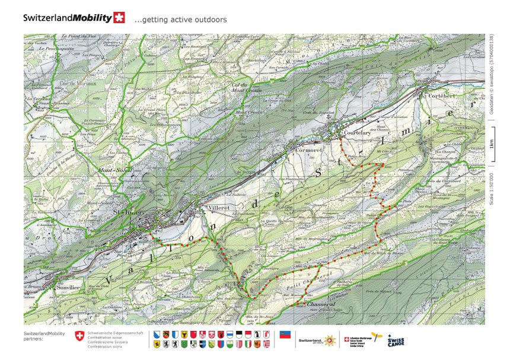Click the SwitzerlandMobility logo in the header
[x=74, y=18]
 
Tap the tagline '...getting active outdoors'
[x=180, y=20]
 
